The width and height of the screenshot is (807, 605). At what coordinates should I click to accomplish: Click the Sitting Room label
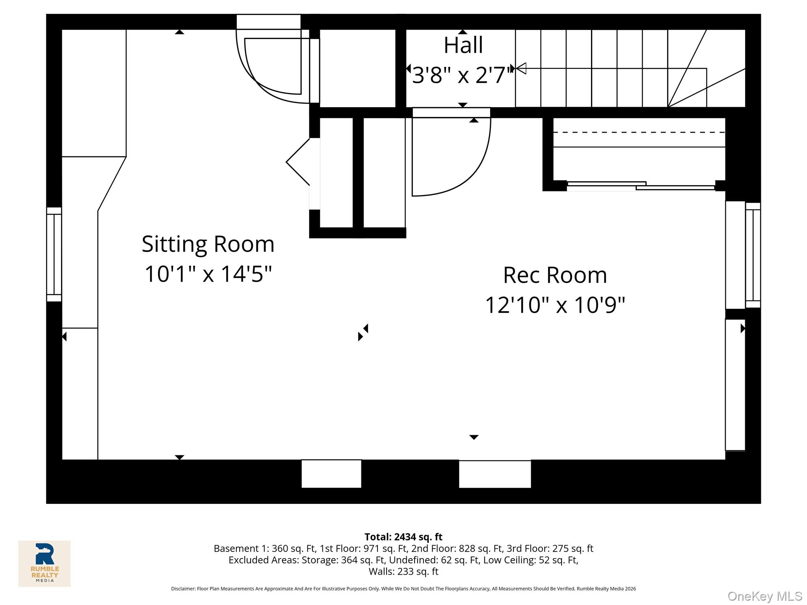208,244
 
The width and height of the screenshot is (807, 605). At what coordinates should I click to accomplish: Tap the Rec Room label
555,275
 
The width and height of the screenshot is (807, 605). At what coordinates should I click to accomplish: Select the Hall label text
463,45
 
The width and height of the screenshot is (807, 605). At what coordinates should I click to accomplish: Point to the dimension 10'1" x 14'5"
208,274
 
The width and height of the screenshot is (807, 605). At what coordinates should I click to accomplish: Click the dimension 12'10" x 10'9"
555,305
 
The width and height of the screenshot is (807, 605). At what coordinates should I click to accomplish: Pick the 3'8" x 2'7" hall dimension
462,75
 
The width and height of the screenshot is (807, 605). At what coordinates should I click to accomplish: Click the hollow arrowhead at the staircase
521,69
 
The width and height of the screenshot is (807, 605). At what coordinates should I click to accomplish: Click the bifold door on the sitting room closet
298,162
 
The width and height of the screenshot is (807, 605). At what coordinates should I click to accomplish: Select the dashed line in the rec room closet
638,133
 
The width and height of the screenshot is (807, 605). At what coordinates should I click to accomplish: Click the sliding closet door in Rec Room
641,186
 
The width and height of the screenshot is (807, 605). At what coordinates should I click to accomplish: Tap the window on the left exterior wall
54,254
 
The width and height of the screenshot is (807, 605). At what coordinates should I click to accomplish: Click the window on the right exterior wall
753,255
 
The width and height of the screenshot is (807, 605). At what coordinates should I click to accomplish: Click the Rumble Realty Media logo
45,563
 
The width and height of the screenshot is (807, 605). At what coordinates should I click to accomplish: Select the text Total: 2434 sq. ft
403,537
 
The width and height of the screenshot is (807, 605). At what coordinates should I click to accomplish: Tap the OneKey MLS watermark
764,596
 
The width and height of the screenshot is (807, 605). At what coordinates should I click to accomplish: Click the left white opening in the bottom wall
331,474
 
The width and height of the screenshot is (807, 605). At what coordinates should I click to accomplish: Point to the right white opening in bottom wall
495,474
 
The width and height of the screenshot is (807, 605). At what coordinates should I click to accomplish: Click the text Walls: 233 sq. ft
403,572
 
